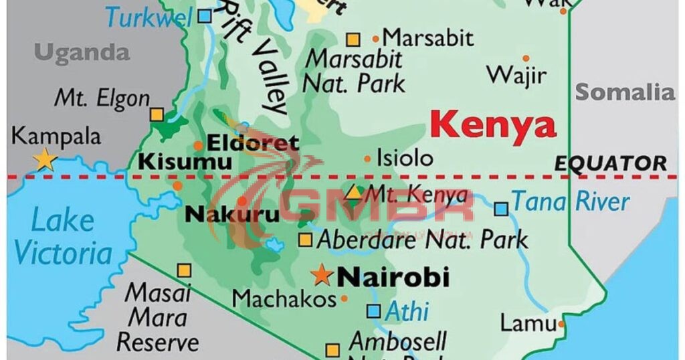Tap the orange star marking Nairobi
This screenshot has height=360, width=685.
322,274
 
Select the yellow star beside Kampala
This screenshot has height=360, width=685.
45,159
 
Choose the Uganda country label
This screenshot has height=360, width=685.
82,52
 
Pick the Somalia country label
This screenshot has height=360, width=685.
625,92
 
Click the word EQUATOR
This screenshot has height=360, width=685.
611,163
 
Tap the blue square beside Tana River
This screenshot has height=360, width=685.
501,209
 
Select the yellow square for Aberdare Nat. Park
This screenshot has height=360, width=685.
305,240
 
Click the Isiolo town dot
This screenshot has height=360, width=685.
367,159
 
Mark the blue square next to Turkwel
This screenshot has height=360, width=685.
205,15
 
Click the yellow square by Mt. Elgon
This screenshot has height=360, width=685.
157,114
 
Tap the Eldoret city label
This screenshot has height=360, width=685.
252,143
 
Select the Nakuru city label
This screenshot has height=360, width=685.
222,215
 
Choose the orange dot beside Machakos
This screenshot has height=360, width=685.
345,298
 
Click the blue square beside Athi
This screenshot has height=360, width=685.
374,311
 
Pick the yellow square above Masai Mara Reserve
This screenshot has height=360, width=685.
184,271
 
